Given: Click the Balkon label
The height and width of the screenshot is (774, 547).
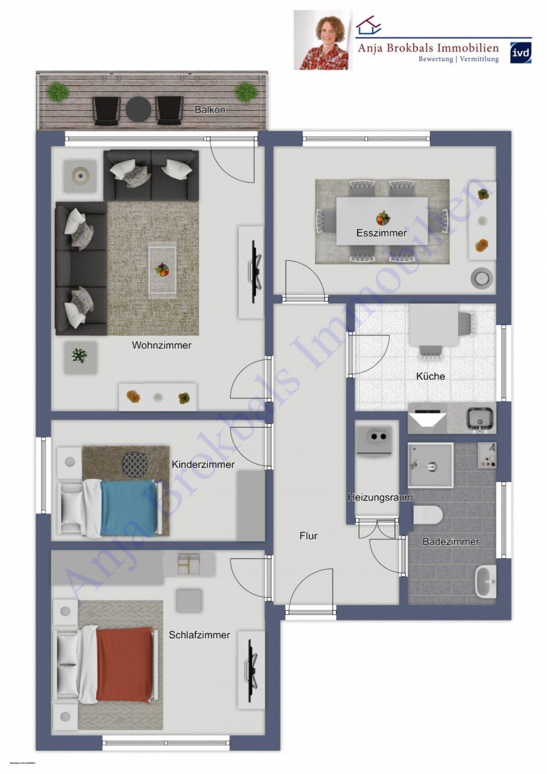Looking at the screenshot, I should coord(210,110).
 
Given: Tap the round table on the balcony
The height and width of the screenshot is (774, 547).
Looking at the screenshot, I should coord(138,109).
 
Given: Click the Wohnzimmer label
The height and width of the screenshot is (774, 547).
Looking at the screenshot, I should coord(162,345).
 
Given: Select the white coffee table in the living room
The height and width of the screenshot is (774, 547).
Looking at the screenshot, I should coord(162,270).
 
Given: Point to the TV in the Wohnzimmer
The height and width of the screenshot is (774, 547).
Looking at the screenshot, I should coord(254,272).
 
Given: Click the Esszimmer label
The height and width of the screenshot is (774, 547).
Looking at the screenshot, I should coord(382,233).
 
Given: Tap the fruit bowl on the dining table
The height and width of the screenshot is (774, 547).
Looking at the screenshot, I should coord(383,218).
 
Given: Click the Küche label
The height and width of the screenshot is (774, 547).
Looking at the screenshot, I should coord(430,376).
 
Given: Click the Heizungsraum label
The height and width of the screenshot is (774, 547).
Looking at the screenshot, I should coord(380,498).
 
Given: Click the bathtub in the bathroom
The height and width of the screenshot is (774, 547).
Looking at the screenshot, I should coord(486,582).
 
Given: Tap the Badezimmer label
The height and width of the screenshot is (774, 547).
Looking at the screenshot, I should coord(451,542).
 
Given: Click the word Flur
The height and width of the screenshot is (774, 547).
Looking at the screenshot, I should coord(308,536).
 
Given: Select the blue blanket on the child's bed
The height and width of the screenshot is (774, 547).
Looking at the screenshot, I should coord(129,508).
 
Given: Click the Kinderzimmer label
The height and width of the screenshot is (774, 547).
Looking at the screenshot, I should coord(203,464).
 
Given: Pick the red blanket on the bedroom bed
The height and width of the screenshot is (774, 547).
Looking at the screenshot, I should coord(124,663).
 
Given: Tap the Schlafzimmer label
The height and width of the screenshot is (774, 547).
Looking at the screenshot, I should coord(199,635).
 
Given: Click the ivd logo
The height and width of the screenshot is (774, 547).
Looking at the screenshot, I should coord(521,52).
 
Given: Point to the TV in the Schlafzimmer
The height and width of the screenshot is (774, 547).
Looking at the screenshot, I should coord(252,669).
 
